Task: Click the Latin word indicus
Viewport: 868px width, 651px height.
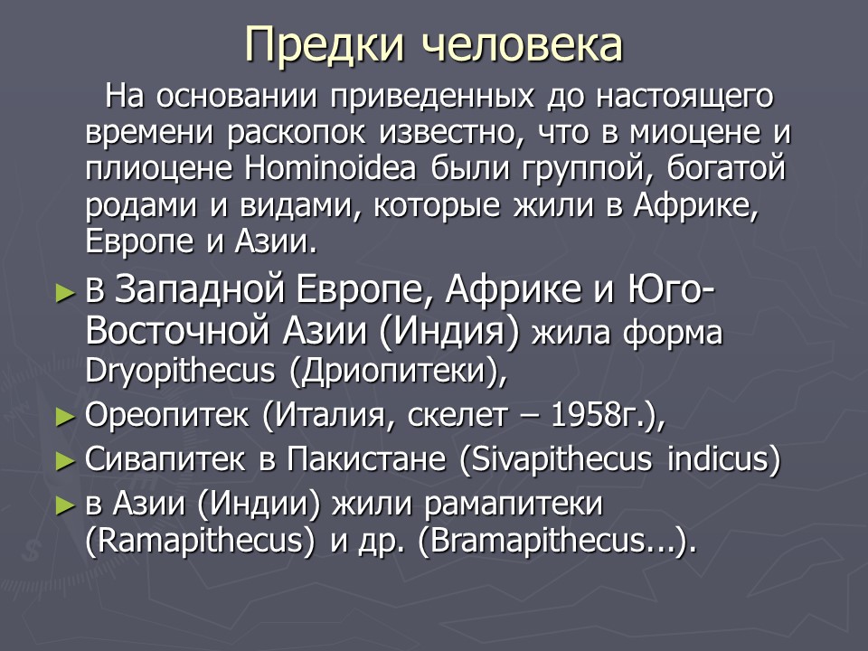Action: click(x=722, y=459)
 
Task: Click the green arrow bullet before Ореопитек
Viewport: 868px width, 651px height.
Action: click(x=63, y=417)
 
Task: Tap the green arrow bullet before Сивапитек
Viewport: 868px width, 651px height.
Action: click(x=63, y=460)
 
